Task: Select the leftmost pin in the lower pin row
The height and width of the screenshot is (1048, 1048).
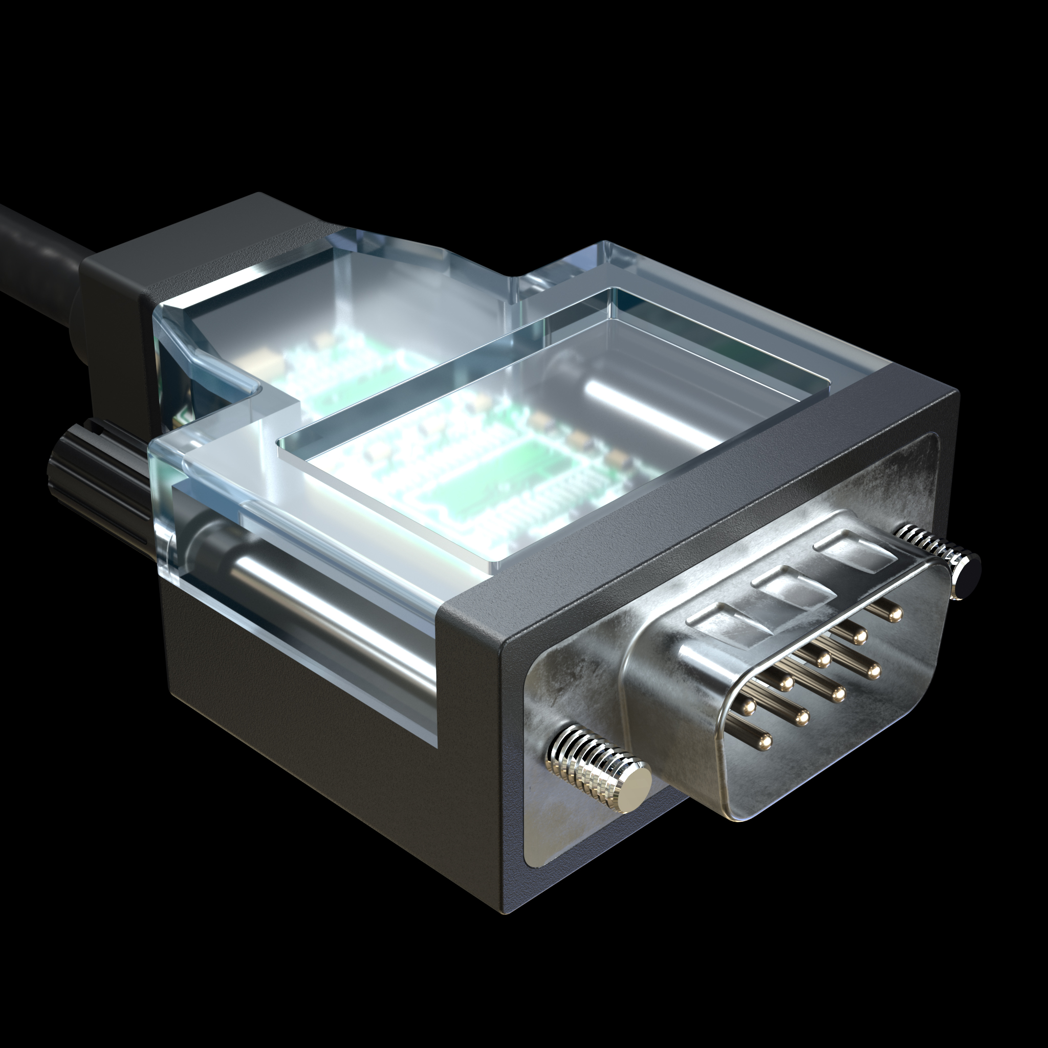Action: click(766, 741)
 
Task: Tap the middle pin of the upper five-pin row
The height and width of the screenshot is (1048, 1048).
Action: click(823, 659)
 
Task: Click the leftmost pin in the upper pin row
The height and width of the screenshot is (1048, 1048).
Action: click(749, 706)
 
